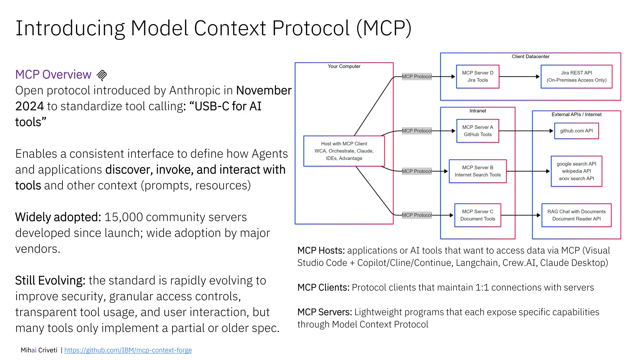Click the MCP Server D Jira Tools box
tap(477, 77)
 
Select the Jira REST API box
tap(576, 77)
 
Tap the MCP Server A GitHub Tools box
tap(477, 131)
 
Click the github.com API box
tap(576, 131)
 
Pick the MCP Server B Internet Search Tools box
tap(477, 171)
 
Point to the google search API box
tap(576, 171)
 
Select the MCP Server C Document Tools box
tap(477, 215)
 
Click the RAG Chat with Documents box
tap(576, 215)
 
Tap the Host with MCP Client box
tap(344, 151)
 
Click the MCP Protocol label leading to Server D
tap(417, 77)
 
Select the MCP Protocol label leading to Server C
tap(417, 215)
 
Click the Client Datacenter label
tap(530, 57)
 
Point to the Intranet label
tap(477, 111)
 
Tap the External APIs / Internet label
tap(576, 114)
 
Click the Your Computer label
tap(344, 66)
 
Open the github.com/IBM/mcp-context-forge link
tap(128, 350)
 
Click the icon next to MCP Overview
tap(102, 75)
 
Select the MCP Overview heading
tap(53, 75)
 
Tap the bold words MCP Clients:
tap(323, 287)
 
